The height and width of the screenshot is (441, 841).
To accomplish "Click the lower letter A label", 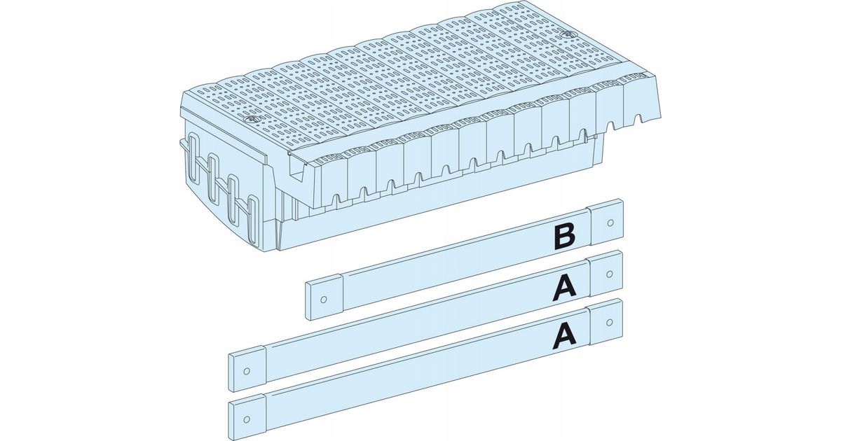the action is pyautogui.click(x=565, y=335).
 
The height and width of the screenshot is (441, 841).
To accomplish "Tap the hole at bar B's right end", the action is pyautogui.click(x=610, y=223).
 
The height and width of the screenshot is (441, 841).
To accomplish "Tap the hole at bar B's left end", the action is pyautogui.click(x=324, y=300).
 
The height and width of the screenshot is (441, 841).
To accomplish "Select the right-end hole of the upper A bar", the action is pyautogui.click(x=610, y=274).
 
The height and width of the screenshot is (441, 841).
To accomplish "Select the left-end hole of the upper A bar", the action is pyautogui.click(x=247, y=371).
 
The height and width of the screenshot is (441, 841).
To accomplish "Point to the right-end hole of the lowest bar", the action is pyautogui.click(x=610, y=322).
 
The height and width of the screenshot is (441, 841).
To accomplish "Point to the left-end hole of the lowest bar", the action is pyautogui.click(x=247, y=419).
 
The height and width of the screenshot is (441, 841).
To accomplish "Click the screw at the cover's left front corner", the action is pyautogui.click(x=249, y=120).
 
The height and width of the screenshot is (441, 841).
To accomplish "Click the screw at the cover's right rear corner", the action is pyautogui.click(x=567, y=34).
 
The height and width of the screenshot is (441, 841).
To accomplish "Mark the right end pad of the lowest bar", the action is pyautogui.click(x=606, y=322).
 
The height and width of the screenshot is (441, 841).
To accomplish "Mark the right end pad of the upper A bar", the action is pyautogui.click(x=606, y=274).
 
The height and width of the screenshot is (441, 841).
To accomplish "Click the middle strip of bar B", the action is pyautogui.click(x=465, y=260).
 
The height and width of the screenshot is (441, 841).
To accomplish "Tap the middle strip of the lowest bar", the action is pyautogui.click(x=428, y=370).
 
